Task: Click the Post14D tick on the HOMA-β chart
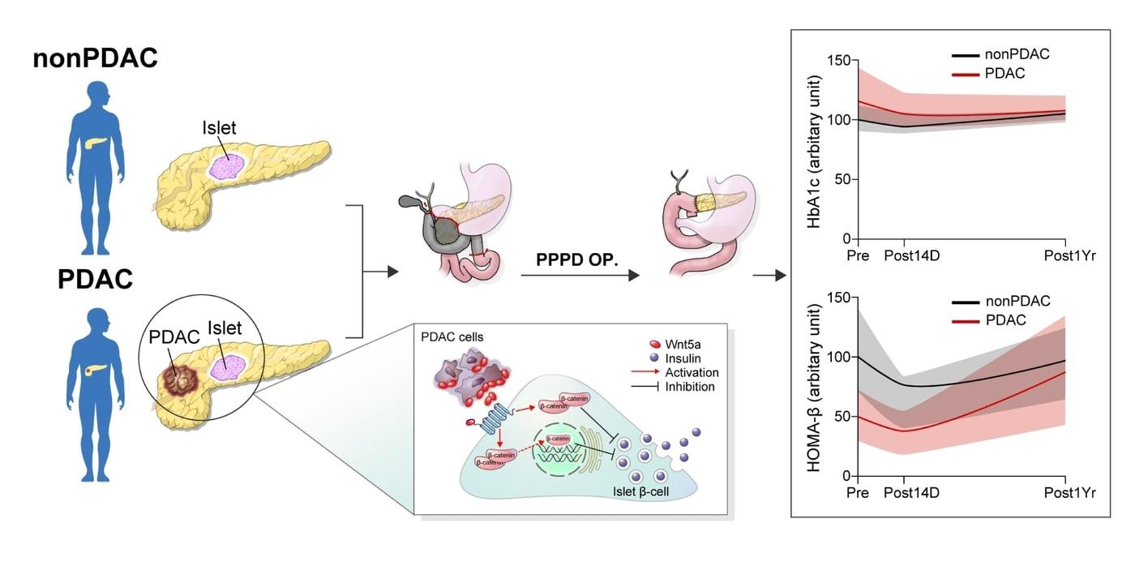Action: tap(905, 492)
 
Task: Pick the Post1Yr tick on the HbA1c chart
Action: tap(1069, 255)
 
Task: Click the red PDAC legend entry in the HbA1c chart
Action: tap(1005, 73)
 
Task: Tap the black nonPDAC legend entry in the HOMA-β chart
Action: tap(1017, 302)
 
